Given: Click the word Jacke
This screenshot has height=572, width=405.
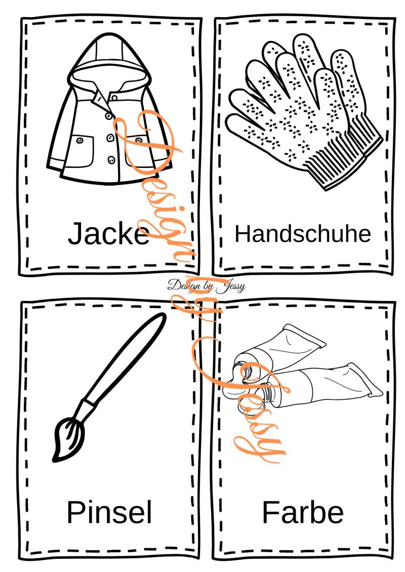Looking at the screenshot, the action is pyautogui.click(x=108, y=233).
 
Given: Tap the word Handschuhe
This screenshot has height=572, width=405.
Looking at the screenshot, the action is pyautogui.click(x=303, y=234).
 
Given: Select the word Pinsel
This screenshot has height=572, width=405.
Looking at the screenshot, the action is pyautogui.click(x=109, y=512).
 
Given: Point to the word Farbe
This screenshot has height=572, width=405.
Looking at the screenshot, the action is pyautogui.click(x=303, y=512).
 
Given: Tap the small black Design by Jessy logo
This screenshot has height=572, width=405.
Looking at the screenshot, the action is pyautogui.click(x=207, y=286).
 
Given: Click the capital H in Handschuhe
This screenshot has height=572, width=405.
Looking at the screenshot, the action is pyautogui.click(x=242, y=234).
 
